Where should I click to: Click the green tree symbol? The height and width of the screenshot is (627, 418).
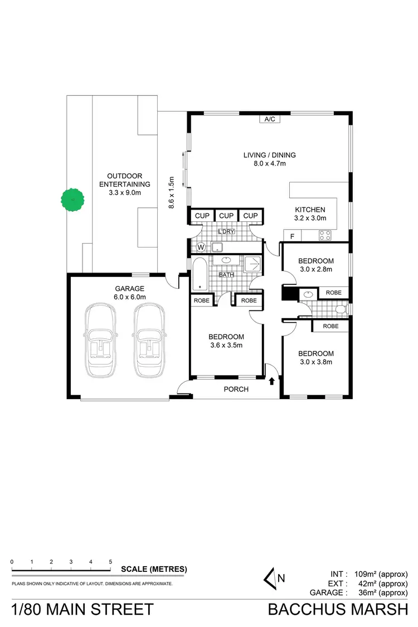72,200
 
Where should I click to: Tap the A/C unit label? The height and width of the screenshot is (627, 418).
270,119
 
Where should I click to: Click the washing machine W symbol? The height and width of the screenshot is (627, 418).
201,246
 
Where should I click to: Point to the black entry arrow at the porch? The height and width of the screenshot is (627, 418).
271,381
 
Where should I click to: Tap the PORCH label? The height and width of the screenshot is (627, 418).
236,389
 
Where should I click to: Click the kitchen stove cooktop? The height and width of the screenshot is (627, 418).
325,236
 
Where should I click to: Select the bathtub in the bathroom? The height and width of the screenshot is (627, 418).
199,274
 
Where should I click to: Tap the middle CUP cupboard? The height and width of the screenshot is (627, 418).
226,216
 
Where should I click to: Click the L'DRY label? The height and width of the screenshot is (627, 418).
226,231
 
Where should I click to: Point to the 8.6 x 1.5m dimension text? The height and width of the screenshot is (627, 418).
172,192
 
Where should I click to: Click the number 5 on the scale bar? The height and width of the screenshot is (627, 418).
110,562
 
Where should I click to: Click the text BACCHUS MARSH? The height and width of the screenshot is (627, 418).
338,609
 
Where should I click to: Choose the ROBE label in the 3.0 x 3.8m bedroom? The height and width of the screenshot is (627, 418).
330,326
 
